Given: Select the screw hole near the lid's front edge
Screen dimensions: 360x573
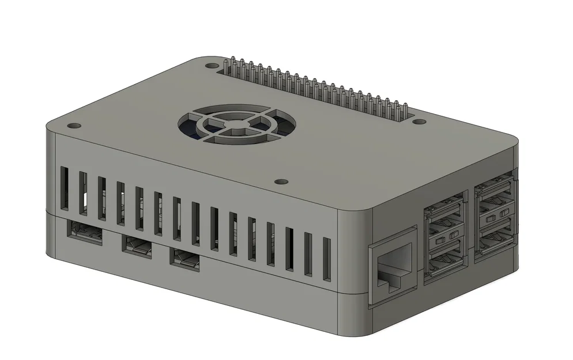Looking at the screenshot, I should pos(281,181).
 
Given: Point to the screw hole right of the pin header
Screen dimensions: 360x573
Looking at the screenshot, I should pos(421,122).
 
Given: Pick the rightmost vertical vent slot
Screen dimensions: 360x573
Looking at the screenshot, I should pos(326,260).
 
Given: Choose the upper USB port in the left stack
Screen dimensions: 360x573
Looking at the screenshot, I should pos(444,217).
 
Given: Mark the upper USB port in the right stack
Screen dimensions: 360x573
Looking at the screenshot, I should pos(495,196).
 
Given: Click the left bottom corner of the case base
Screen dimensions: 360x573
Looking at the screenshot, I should pos(51,253).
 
